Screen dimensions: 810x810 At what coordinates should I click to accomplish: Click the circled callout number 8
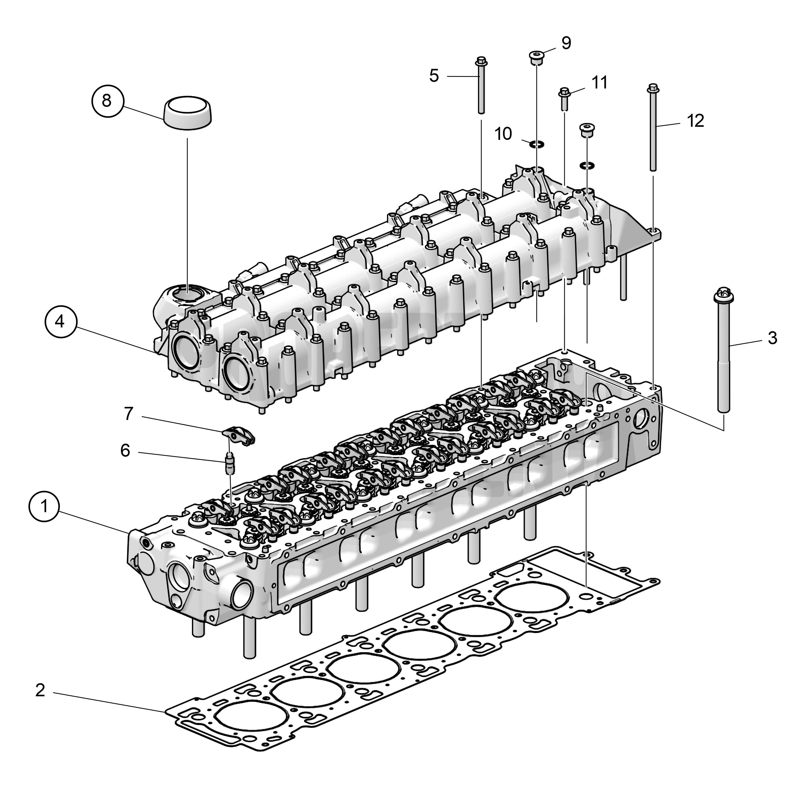click(107, 101)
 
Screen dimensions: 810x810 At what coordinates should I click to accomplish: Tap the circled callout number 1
click(44, 507)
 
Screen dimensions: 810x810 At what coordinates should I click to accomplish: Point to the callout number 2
click(40, 690)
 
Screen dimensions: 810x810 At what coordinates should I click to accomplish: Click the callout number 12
click(696, 121)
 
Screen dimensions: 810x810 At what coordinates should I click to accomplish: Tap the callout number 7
click(129, 414)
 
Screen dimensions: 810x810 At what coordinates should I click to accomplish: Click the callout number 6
click(125, 450)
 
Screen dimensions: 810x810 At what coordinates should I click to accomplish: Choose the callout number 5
click(434, 76)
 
